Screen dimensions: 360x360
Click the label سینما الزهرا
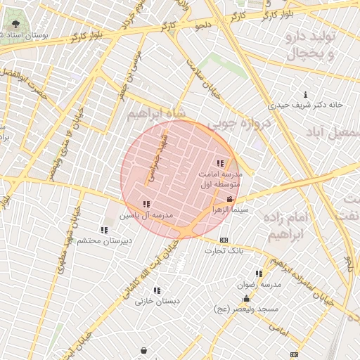click(x=231, y=210)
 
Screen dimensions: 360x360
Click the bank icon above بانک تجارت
click(x=224, y=240)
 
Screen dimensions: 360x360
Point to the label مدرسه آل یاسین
click(x=146, y=214)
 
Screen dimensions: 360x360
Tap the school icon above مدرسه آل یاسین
click(x=146, y=205)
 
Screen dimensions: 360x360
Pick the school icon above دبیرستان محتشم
click(x=104, y=230)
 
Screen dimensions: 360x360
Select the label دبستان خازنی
click(x=157, y=301)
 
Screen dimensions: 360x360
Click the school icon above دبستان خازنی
click(x=157, y=290)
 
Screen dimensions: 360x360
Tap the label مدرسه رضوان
click(x=261, y=284)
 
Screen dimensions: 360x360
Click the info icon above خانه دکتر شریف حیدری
click(x=304, y=95)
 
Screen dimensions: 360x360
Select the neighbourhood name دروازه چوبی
click(x=231, y=123)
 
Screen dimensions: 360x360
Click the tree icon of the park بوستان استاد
click(x=15, y=25)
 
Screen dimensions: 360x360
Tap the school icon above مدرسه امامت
click(x=220, y=163)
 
